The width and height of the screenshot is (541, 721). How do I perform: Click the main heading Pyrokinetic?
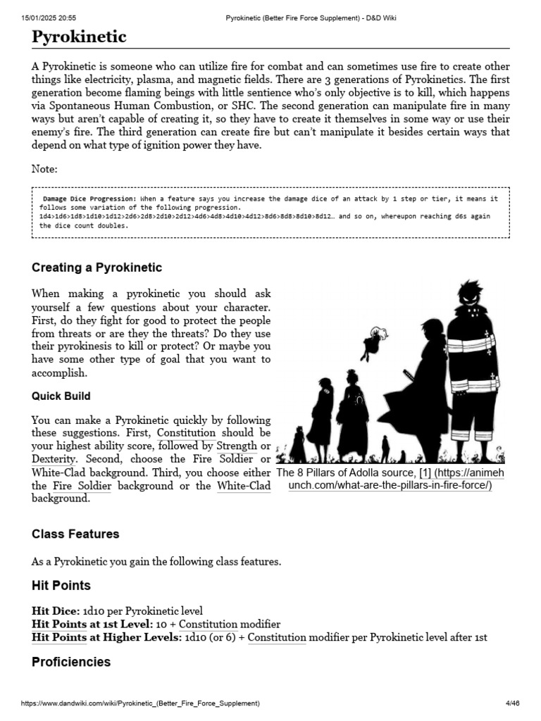[79, 37]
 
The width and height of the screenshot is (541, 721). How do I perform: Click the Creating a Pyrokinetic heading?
[97, 268]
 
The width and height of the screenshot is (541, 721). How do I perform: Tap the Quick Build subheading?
[61, 396]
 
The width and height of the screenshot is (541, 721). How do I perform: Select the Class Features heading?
[75, 534]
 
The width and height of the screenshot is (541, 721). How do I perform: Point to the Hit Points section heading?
[61, 586]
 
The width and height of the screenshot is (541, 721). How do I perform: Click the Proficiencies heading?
[71, 663]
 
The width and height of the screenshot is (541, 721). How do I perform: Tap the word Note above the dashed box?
[44, 169]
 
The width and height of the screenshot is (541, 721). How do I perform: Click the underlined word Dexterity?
[54, 458]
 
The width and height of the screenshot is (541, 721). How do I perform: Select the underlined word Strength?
[237, 446]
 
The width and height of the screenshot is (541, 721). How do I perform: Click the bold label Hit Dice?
[55, 610]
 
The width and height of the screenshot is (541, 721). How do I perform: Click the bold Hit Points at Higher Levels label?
[106, 638]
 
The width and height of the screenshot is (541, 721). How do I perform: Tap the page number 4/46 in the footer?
[512, 703]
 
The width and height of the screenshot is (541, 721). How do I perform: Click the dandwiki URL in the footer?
[140, 703]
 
